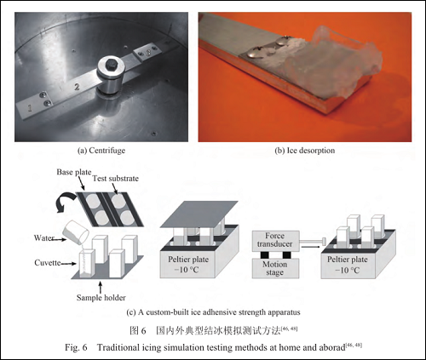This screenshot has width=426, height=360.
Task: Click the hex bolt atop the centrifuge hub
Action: click(x=111, y=65)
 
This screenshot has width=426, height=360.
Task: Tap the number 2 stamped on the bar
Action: click(x=77, y=87)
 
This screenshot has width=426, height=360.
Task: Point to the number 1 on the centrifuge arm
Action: click(x=29, y=108)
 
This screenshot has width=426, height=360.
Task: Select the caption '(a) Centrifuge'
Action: click(x=101, y=151)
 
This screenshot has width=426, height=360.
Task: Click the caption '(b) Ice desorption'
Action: click(x=305, y=151)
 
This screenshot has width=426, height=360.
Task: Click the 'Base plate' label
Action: click(x=74, y=172)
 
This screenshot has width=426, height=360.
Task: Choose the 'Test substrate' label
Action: click(x=116, y=179)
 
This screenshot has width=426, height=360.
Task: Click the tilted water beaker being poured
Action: click(x=76, y=233)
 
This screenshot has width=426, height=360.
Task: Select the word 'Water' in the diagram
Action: click(x=44, y=237)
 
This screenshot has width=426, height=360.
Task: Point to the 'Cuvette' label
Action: click(x=48, y=263)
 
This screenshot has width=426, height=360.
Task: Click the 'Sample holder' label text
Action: click(x=101, y=298)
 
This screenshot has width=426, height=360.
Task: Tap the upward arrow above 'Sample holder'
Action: click(x=100, y=287)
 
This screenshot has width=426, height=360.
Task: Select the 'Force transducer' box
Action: click(x=275, y=241)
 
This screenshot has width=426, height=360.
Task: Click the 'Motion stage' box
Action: click(x=274, y=269)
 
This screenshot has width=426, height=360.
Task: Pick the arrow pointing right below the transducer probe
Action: click(x=310, y=247)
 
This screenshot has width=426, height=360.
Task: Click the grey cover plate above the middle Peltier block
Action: click(x=199, y=214)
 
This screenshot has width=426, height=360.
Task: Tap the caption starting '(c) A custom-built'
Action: click(x=213, y=312)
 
